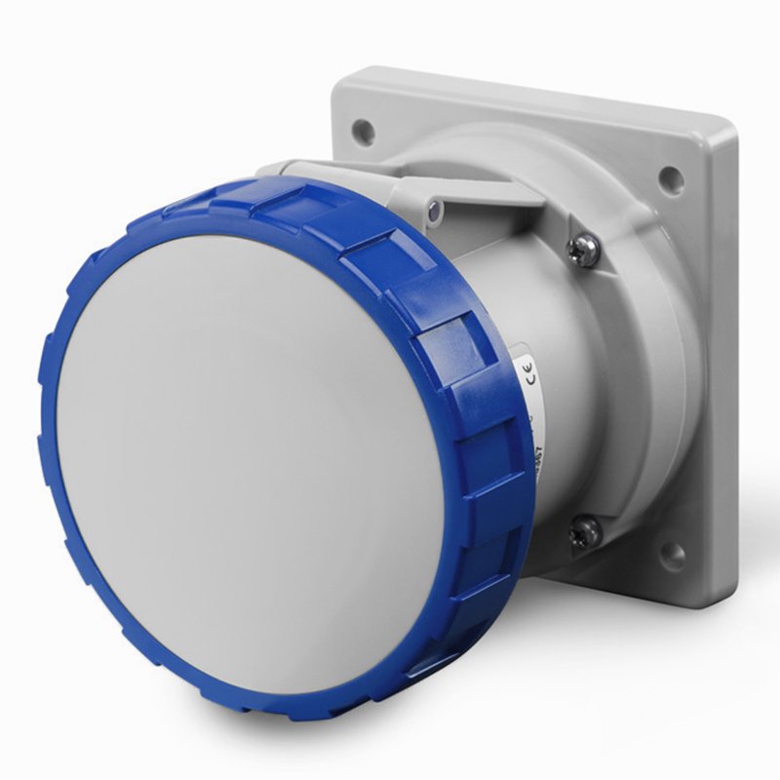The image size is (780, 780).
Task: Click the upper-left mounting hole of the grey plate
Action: (x=363, y=127)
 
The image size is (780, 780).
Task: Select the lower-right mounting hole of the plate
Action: (x=673, y=555)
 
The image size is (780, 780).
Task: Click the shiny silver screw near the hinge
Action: (x=586, y=250)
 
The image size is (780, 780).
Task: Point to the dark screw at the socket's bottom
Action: (x=585, y=531)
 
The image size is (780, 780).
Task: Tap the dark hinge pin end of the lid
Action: (x=433, y=207)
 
